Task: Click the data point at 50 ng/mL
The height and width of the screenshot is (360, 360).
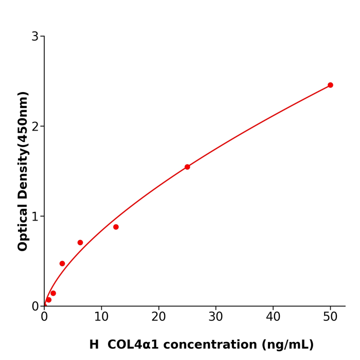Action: click(330, 85)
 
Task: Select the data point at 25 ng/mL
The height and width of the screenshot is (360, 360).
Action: click(187, 167)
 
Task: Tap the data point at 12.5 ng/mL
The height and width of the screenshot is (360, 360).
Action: click(116, 227)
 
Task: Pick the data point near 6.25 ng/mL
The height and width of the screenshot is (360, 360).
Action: click(80, 243)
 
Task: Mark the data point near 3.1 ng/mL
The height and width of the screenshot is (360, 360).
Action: click(62, 264)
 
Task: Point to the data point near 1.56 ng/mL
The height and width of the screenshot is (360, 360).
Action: click(53, 293)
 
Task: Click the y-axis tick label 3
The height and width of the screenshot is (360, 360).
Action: click(35, 37)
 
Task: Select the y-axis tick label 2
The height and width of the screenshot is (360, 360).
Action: click(35, 127)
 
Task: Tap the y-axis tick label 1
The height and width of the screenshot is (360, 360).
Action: click(35, 217)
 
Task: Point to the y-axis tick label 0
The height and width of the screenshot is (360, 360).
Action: click(35, 306)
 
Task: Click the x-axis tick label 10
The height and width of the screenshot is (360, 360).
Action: click(101, 317)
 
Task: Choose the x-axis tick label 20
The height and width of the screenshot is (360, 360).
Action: click(158, 317)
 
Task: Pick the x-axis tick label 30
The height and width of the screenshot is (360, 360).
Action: click(216, 317)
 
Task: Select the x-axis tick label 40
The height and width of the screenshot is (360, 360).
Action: click(273, 317)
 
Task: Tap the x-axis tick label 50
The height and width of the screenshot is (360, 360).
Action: click(330, 317)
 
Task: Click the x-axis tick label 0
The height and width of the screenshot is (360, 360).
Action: click(44, 317)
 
